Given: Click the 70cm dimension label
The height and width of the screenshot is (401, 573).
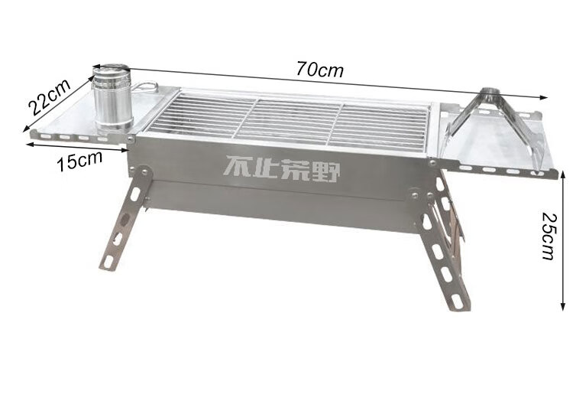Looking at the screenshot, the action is pyautogui.click(x=320, y=69).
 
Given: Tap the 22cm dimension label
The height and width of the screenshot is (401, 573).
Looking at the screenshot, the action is pyautogui.click(x=49, y=96).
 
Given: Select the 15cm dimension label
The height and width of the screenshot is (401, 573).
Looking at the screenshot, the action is pyautogui.click(x=79, y=161).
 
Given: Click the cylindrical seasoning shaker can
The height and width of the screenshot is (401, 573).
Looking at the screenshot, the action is pyautogui.click(x=112, y=98).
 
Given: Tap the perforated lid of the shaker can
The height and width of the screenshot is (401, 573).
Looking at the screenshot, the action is pyautogui.click(x=111, y=70).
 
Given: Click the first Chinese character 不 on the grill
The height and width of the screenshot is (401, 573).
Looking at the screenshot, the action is pyautogui.click(x=238, y=167).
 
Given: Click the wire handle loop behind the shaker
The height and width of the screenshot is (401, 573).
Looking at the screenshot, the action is pyautogui.click(x=146, y=87).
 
